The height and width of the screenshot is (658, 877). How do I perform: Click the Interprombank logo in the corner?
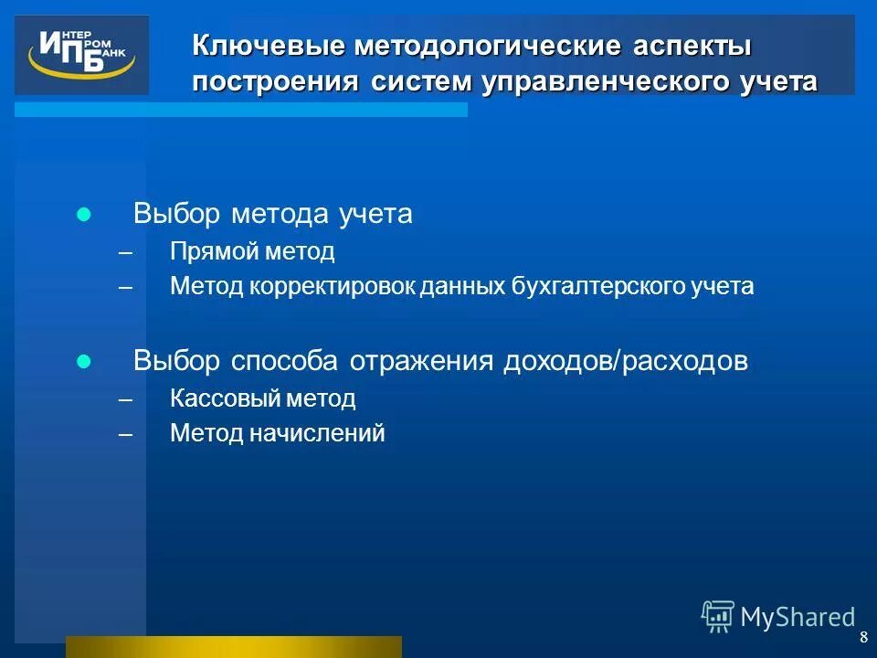tap(81, 55)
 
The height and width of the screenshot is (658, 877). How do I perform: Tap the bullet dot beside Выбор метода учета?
tap(84, 216)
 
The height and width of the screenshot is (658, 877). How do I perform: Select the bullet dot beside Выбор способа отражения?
tap(84, 362)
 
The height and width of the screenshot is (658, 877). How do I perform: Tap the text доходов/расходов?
tap(625, 361)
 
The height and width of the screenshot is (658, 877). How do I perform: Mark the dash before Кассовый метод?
tap(125, 399)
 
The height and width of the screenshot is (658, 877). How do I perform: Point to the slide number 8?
tap(863, 638)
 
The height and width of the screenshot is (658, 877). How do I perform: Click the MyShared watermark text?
tap(798, 618)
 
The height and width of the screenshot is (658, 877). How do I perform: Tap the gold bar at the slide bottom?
tap(233, 646)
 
